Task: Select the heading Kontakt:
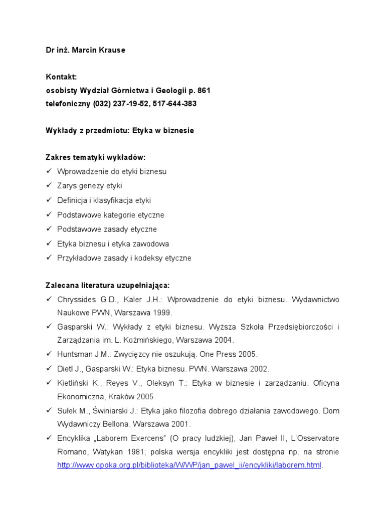point(62,77)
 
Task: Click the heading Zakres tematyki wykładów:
point(92,157)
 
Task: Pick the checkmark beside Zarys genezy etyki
point(49,186)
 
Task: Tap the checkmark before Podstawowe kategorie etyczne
point(49,215)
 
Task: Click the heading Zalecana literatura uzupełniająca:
point(108,285)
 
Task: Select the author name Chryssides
point(77,300)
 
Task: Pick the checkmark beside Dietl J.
point(49,369)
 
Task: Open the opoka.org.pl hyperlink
point(189,465)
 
